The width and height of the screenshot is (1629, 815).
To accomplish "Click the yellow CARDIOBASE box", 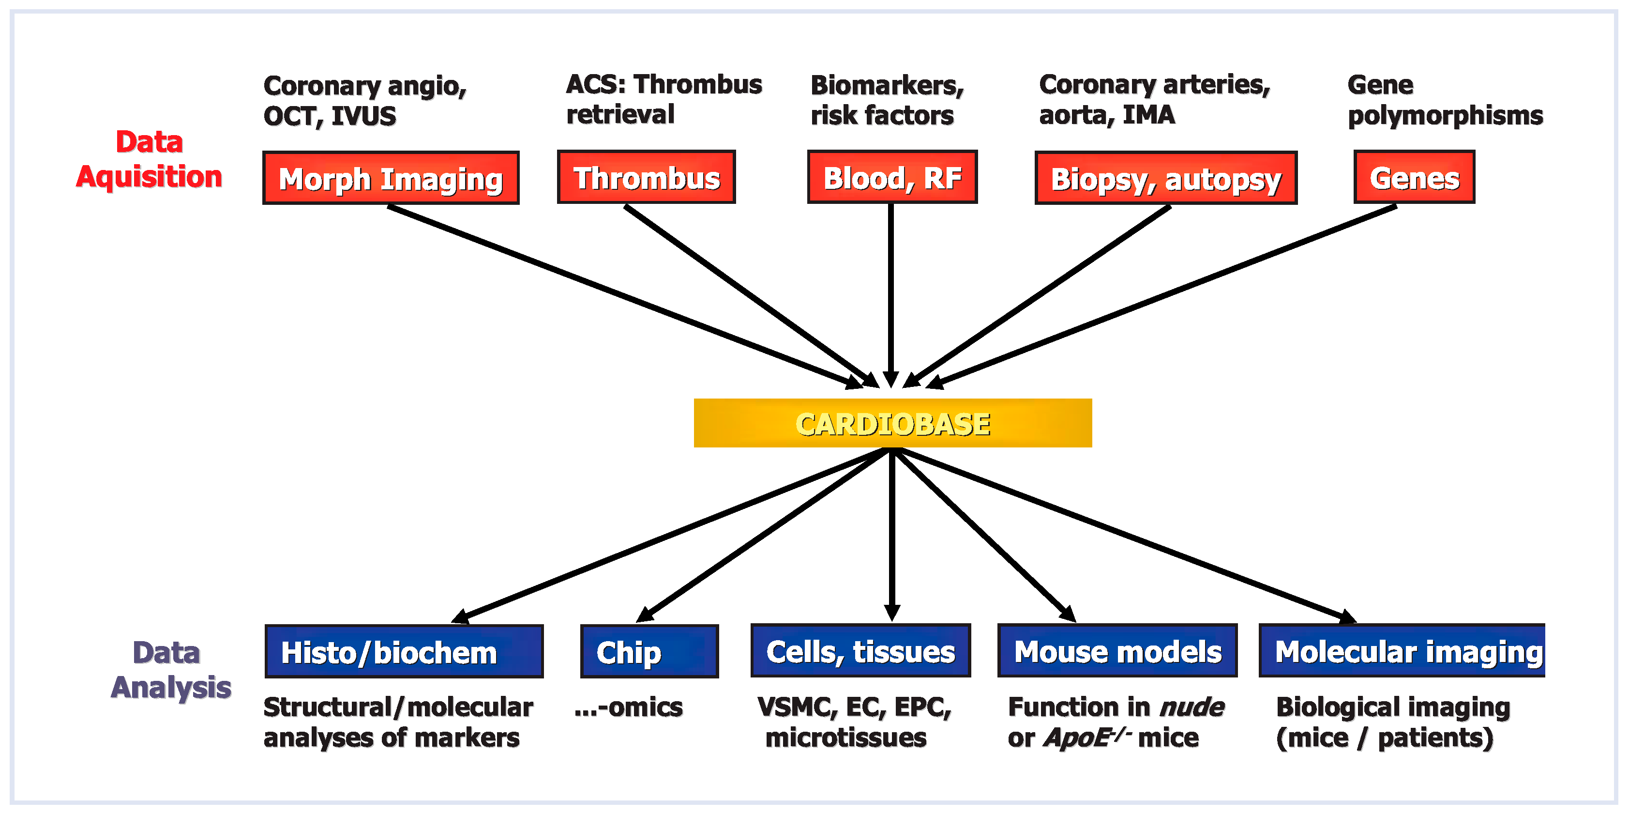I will [892, 423].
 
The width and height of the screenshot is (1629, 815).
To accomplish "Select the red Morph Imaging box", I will [391, 178].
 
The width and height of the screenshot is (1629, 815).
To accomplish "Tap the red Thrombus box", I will [646, 177].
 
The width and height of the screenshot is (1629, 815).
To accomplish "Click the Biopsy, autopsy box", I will [1165, 178].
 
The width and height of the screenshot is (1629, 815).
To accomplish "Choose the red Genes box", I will [1414, 177].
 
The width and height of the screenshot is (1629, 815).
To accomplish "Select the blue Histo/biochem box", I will [404, 651].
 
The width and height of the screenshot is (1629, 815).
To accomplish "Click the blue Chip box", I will [649, 651].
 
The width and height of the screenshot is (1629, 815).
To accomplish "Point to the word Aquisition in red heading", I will [149, 177].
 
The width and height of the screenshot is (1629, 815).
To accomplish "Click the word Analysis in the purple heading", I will [171, 687].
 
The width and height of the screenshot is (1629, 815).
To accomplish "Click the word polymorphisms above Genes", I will [1445, 116].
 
